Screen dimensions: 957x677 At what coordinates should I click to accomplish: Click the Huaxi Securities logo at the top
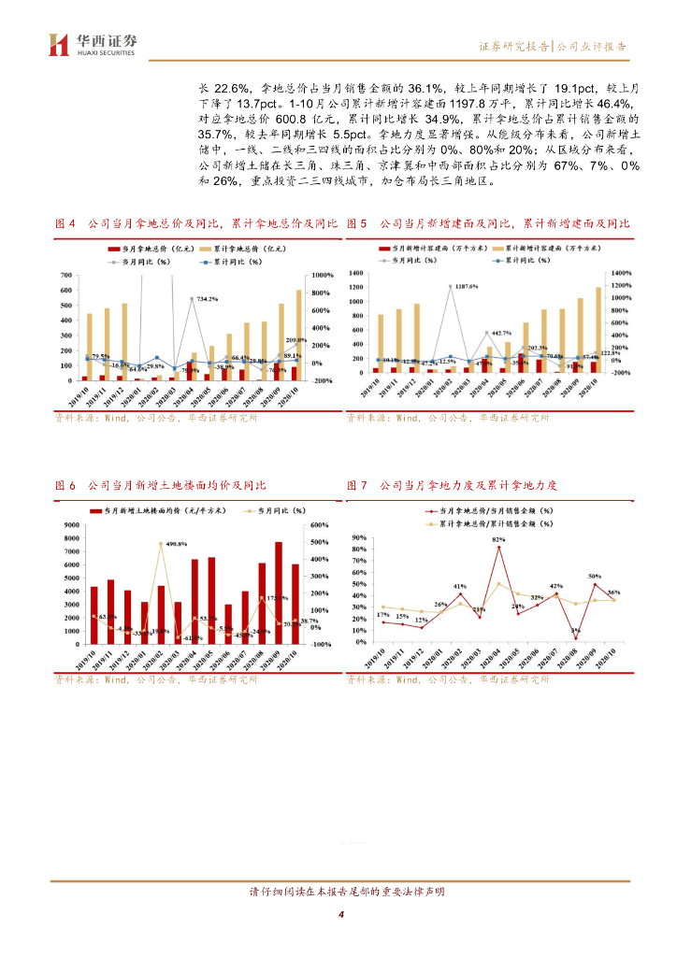(x=93, y=44)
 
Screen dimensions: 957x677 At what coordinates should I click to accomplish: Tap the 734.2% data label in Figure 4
(x=205, y=299)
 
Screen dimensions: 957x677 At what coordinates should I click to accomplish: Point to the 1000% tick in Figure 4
(x=323, y=276)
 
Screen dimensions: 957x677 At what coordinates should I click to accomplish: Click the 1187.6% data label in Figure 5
(x=462, y=286)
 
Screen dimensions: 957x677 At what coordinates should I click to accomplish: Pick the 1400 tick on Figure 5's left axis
(x=353, y=273)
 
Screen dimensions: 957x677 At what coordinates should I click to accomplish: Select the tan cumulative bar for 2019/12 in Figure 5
(x=417, y=338)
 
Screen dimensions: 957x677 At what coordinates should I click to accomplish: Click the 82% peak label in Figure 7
(x=498, y=539)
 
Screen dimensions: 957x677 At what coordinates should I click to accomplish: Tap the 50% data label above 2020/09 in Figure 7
(x=595, y=577)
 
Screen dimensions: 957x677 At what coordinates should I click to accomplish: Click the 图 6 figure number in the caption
(x=65, y=486)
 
